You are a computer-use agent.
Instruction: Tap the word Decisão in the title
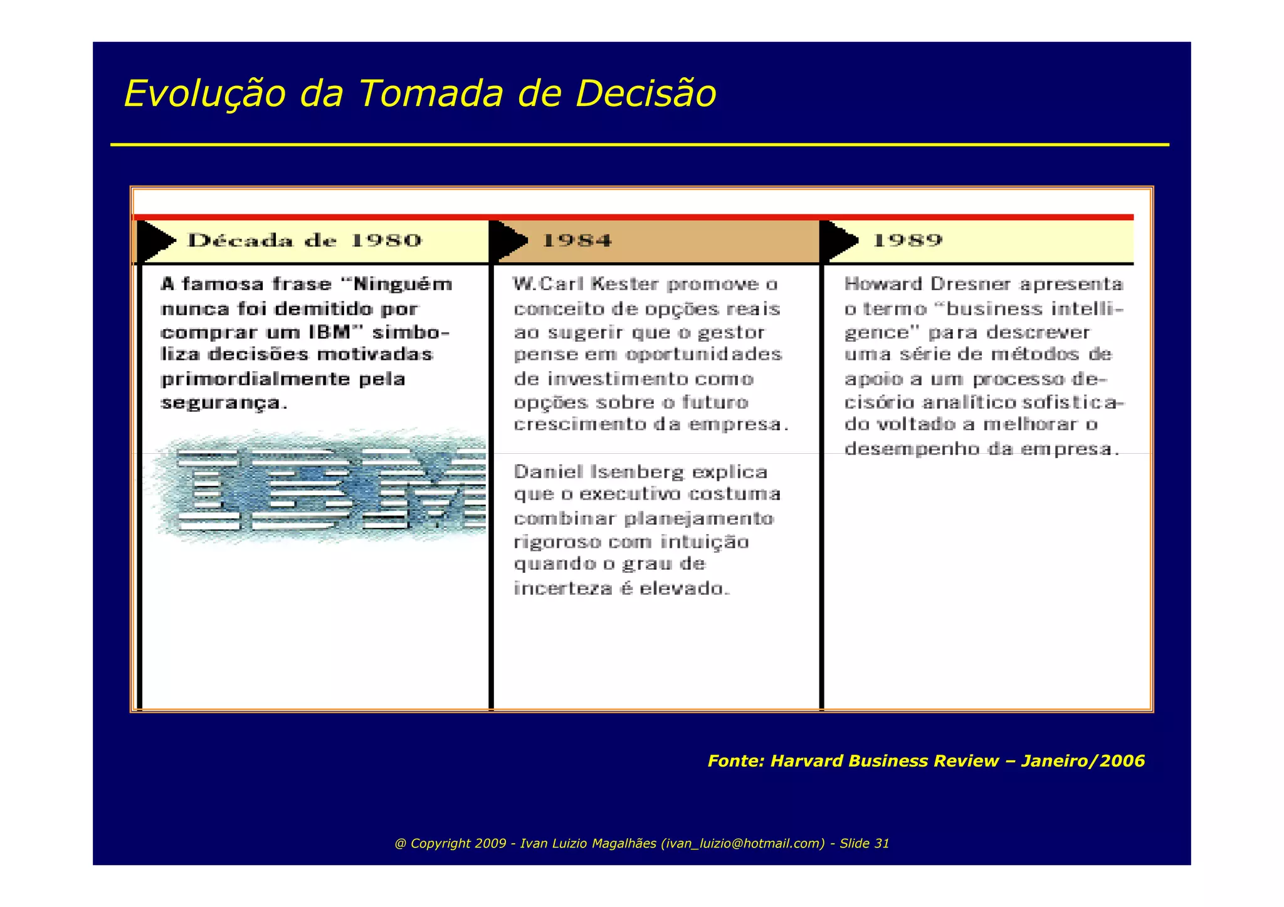pos(645,94)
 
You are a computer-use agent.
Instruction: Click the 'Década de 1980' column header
pos(305,241)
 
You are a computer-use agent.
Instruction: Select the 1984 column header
pos(576,241)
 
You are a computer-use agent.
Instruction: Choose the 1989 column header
pos(907,241)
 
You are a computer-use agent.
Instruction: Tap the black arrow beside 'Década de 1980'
pos(155,241)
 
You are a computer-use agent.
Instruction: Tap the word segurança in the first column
pos(221,403)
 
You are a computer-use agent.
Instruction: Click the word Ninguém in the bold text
pos(403,285)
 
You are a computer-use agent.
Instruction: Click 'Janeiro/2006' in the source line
pos(1083,761)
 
